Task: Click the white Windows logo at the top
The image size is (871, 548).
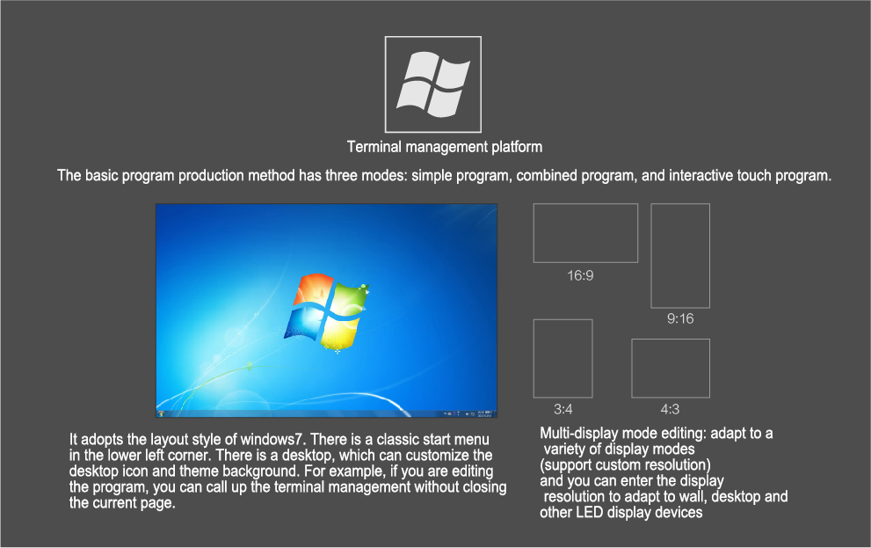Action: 433,84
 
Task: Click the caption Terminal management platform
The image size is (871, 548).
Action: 445,147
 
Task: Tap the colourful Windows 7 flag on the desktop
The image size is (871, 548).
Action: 327,313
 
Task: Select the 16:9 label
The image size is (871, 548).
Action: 580,275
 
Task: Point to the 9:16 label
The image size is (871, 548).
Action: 680,319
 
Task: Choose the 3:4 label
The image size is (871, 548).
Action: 563,410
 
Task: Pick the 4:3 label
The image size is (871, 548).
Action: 670,410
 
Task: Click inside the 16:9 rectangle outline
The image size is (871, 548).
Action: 585,233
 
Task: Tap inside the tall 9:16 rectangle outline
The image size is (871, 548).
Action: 680,256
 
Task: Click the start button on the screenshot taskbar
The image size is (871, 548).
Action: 161,413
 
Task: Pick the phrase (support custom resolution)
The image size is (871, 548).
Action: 626,465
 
